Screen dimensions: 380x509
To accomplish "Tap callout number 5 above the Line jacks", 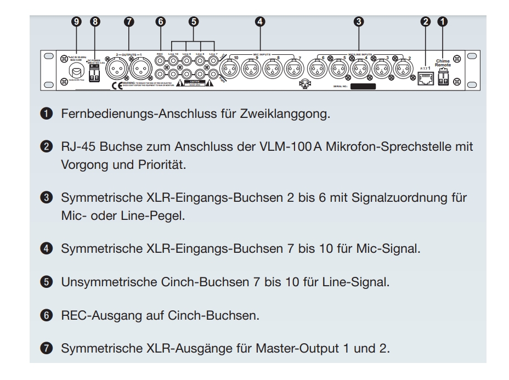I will point(194,22).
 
